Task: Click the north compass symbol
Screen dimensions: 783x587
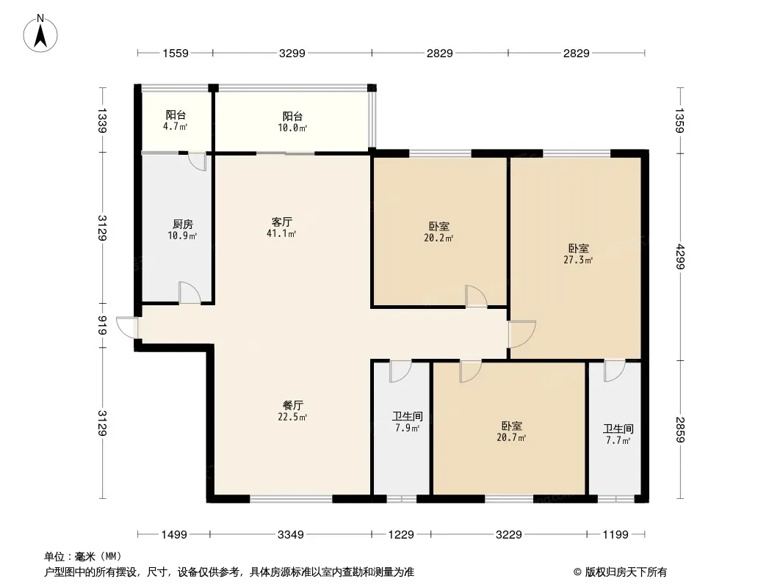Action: tap(40, 34)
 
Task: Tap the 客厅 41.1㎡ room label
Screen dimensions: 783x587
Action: tap(281, 227)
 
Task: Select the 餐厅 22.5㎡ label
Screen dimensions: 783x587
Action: tap(292, 411)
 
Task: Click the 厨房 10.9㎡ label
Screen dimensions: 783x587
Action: tap(182, 230)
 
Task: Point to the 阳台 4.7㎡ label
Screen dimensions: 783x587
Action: tap(176, 120)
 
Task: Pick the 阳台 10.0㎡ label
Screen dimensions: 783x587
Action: tap(292, 122)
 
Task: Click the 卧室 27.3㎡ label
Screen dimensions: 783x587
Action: tap(578, 254)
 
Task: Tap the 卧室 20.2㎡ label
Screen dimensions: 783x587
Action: tap(439, 232)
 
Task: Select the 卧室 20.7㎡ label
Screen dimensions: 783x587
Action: tap(511, 432)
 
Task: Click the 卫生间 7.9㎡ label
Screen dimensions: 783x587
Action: tap(408, 422)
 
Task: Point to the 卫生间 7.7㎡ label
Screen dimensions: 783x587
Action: tap(618, 434)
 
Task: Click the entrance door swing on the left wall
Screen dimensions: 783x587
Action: tap(127, 327)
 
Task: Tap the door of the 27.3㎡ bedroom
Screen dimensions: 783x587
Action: tap(522, 334)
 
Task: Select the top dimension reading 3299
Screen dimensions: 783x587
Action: tap(292, 53)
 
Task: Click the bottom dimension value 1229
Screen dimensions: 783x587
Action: tap(401, 535)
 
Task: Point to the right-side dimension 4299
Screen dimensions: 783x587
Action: tap(679, 255)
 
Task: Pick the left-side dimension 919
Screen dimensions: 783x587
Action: tap(102, 326)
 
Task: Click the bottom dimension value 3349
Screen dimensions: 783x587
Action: tap(291, 535)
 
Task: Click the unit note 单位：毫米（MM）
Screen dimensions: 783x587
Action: tap(83, 556)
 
